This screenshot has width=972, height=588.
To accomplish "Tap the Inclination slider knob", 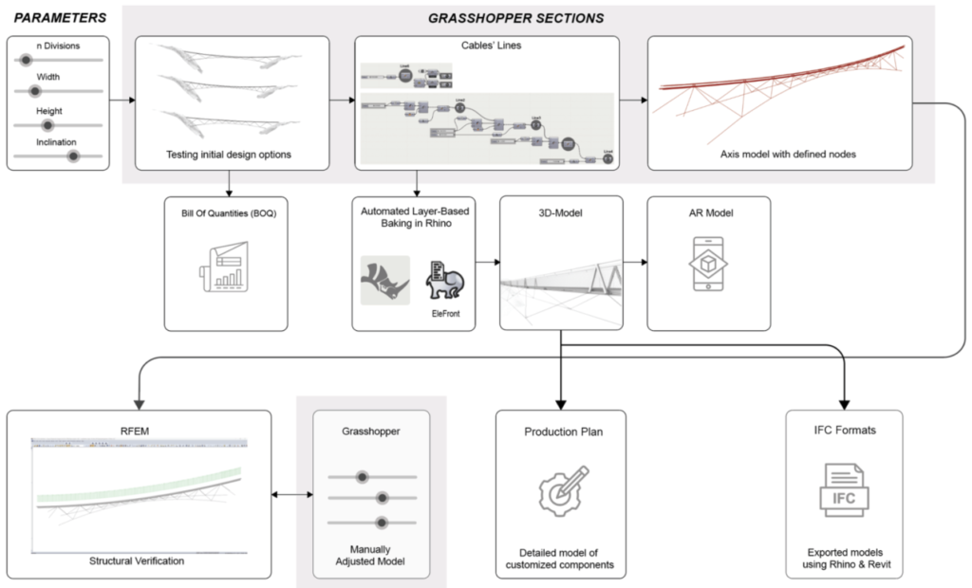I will [72, 157].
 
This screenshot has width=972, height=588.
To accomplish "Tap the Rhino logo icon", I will [384, 281].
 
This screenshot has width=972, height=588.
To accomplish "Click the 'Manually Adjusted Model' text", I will [364, 553].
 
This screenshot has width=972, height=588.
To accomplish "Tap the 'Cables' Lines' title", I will [486, 45].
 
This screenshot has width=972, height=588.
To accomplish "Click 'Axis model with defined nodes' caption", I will [779, 154].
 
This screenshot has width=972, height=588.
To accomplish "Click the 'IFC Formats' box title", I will [843, 431].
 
